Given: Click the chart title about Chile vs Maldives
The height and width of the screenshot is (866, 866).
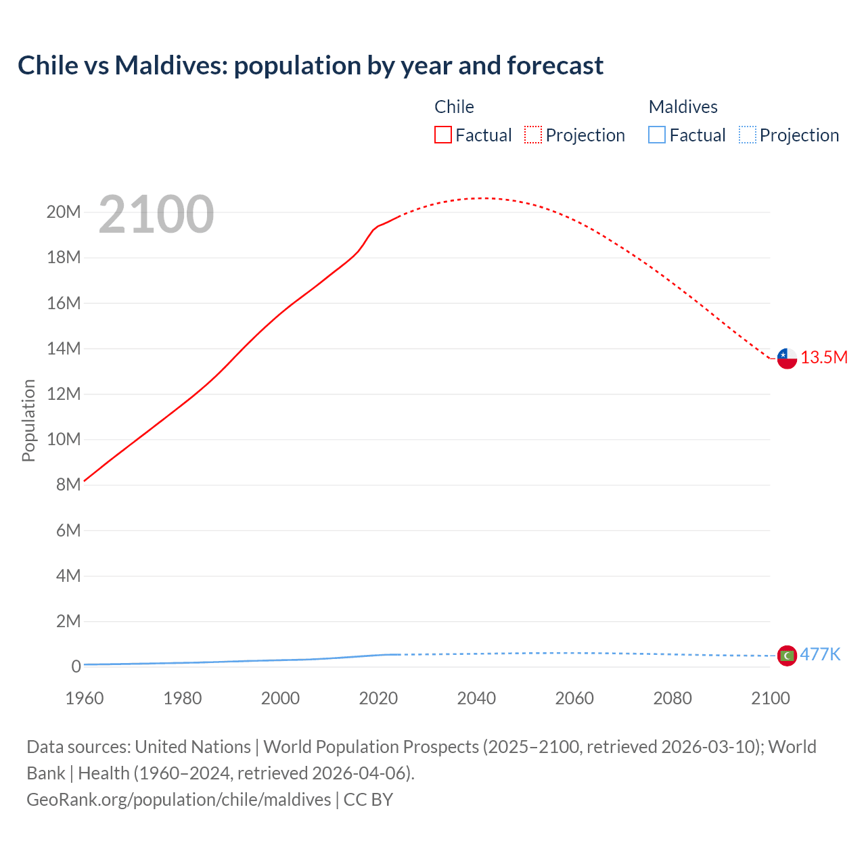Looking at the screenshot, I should click(x=311, y=66).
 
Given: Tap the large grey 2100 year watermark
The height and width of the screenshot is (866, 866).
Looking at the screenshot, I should click(x=156, y=214).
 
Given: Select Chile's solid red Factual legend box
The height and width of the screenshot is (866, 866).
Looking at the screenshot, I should click(x=442, y=135).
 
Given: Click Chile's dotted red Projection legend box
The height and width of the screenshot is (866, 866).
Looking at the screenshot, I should click(x=532, y=135).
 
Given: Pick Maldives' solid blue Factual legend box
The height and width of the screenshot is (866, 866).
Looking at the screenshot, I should click(x=656, y=135).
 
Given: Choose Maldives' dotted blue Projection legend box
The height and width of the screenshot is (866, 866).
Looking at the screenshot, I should click(x=747, y=135).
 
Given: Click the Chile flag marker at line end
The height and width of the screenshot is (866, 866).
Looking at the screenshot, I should click(x=787, y=358).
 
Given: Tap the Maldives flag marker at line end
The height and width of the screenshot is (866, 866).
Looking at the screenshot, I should click(x=787, y=655).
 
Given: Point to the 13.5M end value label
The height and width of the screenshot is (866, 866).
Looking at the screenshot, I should click(x=823, y=358).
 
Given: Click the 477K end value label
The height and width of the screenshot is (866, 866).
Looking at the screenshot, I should click(x=820, y=654).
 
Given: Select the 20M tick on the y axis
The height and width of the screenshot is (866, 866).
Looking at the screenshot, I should click(x=64, y=212).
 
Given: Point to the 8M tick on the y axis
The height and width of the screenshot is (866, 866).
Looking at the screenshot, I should click(x=68, y=484).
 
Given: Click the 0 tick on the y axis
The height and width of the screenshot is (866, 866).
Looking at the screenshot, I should click(x=76, y=666).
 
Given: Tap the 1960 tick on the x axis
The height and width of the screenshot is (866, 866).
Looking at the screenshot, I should click(x=85, y=698).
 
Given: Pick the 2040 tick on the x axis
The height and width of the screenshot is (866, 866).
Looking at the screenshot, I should click(x=476, y=698).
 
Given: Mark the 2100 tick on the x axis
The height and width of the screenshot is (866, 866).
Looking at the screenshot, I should click(x=770, y=698).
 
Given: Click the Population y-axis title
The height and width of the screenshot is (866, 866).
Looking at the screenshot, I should click(x=28, y=420).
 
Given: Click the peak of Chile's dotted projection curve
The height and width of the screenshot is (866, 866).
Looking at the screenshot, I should click(x=482, y=198).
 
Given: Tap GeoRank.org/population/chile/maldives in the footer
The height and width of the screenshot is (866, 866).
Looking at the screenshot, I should click(x=179, y=800).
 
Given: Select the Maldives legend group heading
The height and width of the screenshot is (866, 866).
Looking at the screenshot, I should click(x=683, y=107).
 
